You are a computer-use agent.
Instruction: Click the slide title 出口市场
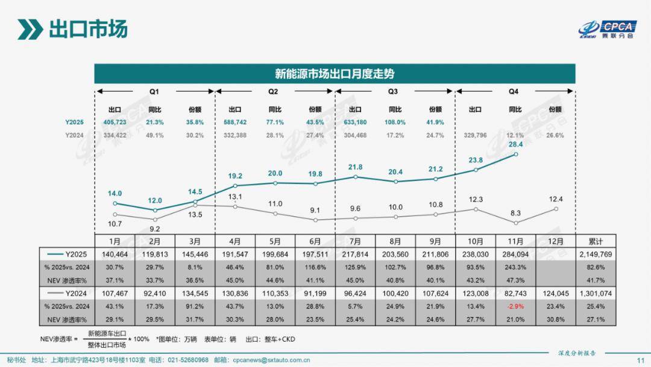pos(87,29)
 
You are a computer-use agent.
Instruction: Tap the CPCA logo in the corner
pos(608,29)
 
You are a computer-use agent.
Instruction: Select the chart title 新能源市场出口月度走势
pos(335,74)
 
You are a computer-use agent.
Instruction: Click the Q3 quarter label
pos(393,92)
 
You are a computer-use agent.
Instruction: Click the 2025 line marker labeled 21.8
pos(356,177)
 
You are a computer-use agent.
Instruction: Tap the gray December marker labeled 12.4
pos(556,209)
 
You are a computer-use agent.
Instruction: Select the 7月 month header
pos(356,240)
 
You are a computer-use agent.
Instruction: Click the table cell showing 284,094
pos(515,254)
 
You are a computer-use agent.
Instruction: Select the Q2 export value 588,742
pos(235,122)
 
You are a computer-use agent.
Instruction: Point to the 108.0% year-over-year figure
pos(395,122)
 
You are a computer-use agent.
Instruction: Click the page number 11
pos(640,360)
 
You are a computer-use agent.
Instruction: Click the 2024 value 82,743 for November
pos(515,293)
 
